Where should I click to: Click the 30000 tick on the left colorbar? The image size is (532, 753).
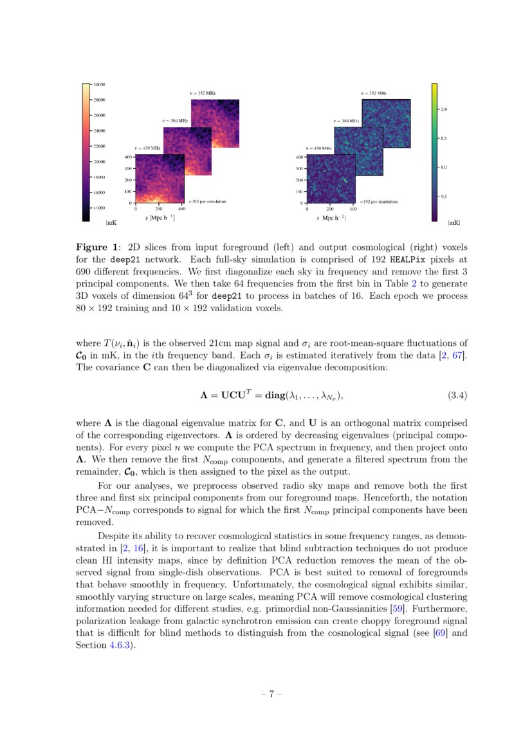tap(99, 84)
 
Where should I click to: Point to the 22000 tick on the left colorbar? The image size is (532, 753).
tap(99, 146)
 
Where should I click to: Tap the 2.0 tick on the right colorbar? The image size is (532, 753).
tap(444, 110)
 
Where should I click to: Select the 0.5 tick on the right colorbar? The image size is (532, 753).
tap(444, 196)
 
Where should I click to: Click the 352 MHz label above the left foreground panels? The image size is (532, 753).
tap(202, 93)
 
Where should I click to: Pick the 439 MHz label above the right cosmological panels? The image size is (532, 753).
tap(318, 149)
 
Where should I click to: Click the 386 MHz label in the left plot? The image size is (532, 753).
tap(175, 121)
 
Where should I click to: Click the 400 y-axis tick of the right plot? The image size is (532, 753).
tap(299, 157)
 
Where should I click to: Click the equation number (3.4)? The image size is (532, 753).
tap(457, 395)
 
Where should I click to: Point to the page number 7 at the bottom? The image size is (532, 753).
tap(271, 694)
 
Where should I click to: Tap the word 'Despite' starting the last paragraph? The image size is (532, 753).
tap(113, 536)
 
